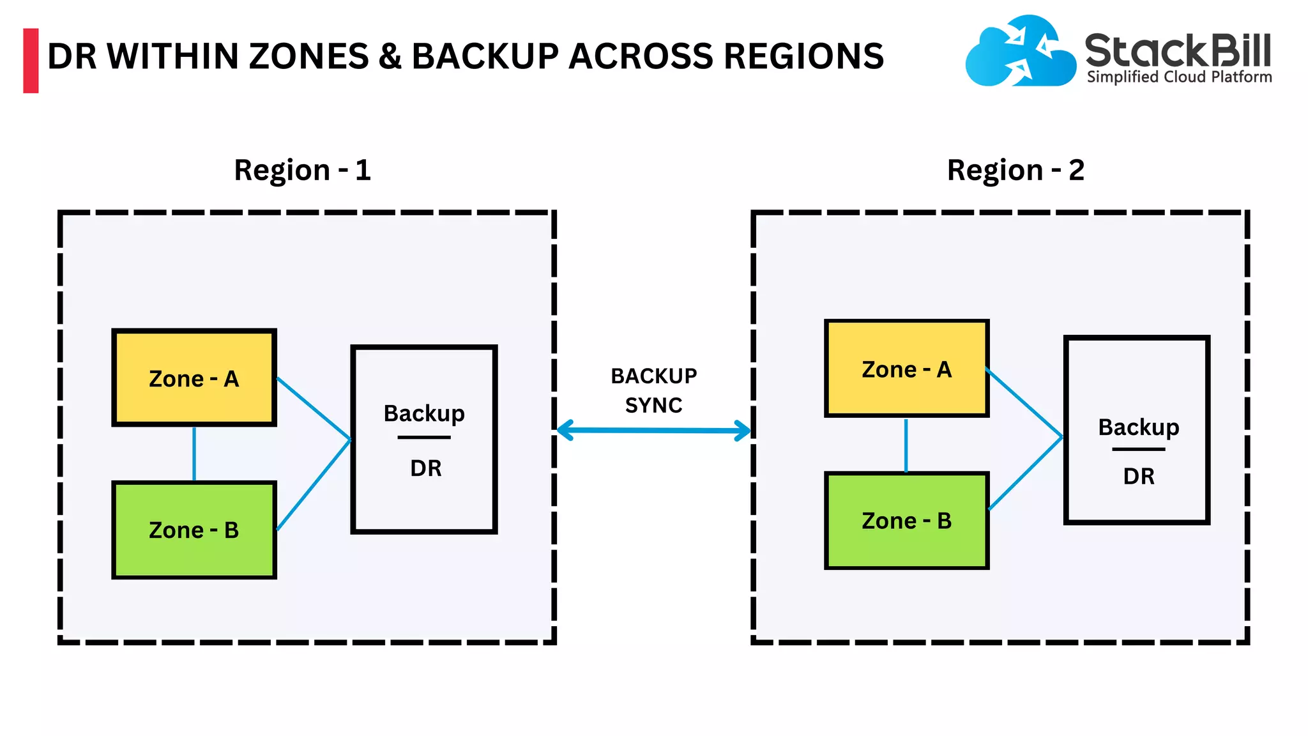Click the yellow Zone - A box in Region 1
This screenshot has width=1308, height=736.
(x=194, y=378)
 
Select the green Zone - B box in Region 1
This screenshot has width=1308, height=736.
(x=194, y=530)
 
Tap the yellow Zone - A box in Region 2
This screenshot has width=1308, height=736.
(x=906, y=369)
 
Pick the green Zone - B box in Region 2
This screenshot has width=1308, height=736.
(x=906, y=521)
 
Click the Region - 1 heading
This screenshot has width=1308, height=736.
(x=302, y=171)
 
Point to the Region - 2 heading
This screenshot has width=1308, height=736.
(x=1015, y=171)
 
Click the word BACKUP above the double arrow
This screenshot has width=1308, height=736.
(x=653, y=376)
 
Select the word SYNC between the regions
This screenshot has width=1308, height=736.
(x=653, y=406)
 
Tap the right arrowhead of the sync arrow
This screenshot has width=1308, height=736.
(x=743, y=431)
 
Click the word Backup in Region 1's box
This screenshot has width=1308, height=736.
(x=424, y=414)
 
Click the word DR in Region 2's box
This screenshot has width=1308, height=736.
(x=1139, y=477)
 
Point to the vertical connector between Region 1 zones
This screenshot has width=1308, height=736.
(x=194, y=453)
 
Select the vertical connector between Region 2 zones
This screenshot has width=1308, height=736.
(x=906, y=445)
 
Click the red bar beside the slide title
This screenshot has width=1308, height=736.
(x=31, y=61)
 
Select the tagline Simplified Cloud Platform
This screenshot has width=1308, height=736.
(x=1179, y=77)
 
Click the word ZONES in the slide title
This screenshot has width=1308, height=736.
(x=309, y=56)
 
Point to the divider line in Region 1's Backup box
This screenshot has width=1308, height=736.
(x=424, y=438)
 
